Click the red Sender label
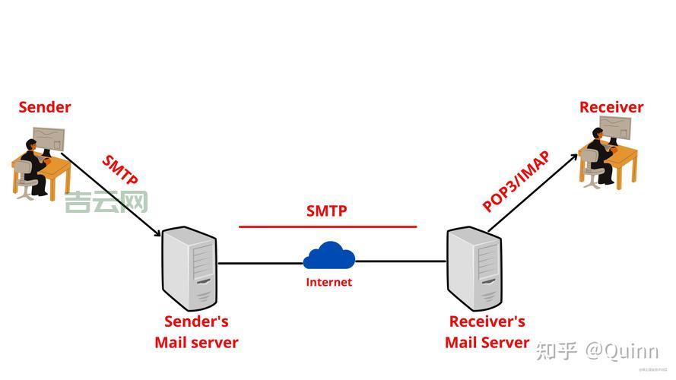click(45, 107)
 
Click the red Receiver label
click(611, 107)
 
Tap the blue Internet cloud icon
click(328, 256)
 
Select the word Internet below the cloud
click(328, 282)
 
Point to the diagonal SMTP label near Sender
click(120, 171)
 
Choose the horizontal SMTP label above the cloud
click(326, 211)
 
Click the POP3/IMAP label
click(516, 182)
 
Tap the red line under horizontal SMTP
click(328, 226)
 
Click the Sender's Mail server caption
click(196, 332)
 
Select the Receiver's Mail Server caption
click(487, 332)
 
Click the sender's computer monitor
click(49, 140)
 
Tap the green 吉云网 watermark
click(106, 201)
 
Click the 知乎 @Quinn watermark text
click(597, 350)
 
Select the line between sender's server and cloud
click(260, 264)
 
